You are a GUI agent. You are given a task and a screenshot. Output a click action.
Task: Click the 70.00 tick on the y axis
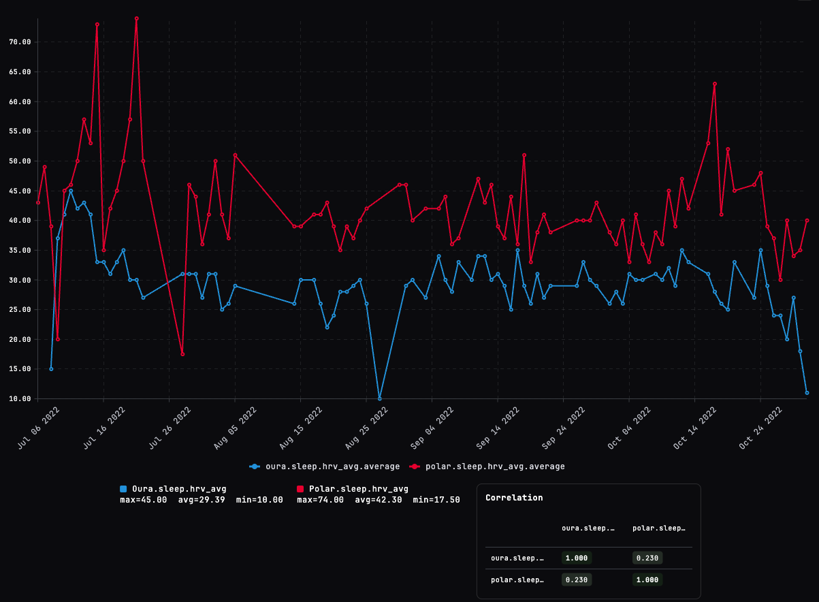[20, 42]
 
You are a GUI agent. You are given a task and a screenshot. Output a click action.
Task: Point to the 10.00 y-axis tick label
[20, 398]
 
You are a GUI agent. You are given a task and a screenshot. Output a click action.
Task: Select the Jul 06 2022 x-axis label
[39, 427]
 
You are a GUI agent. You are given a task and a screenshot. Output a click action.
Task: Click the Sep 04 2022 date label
[434, 427]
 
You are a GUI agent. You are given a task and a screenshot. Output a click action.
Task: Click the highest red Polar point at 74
[137, 18]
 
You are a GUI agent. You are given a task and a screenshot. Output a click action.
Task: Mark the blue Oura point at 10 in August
[379, 398]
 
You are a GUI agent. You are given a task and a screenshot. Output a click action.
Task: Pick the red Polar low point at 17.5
[182, 354]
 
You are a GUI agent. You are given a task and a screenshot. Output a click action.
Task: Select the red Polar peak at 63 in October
[715, 84]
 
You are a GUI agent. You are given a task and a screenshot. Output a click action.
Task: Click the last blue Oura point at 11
[807, 393]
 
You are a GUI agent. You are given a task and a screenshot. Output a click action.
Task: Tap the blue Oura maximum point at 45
[71, 191]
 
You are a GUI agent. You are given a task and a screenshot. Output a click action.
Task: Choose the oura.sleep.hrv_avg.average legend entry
[325, 466]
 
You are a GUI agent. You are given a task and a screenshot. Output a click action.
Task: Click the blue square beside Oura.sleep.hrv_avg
[123, 489]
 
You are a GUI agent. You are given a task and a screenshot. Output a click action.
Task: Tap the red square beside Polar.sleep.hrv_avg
[300, 489]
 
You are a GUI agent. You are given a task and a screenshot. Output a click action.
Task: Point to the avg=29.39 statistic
[202, 500]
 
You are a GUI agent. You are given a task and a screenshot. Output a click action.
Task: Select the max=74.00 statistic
[320, 500]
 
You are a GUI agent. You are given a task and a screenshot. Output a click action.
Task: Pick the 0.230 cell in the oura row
[647, 558]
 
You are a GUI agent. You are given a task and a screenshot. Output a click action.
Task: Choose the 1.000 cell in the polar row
[647, 580]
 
